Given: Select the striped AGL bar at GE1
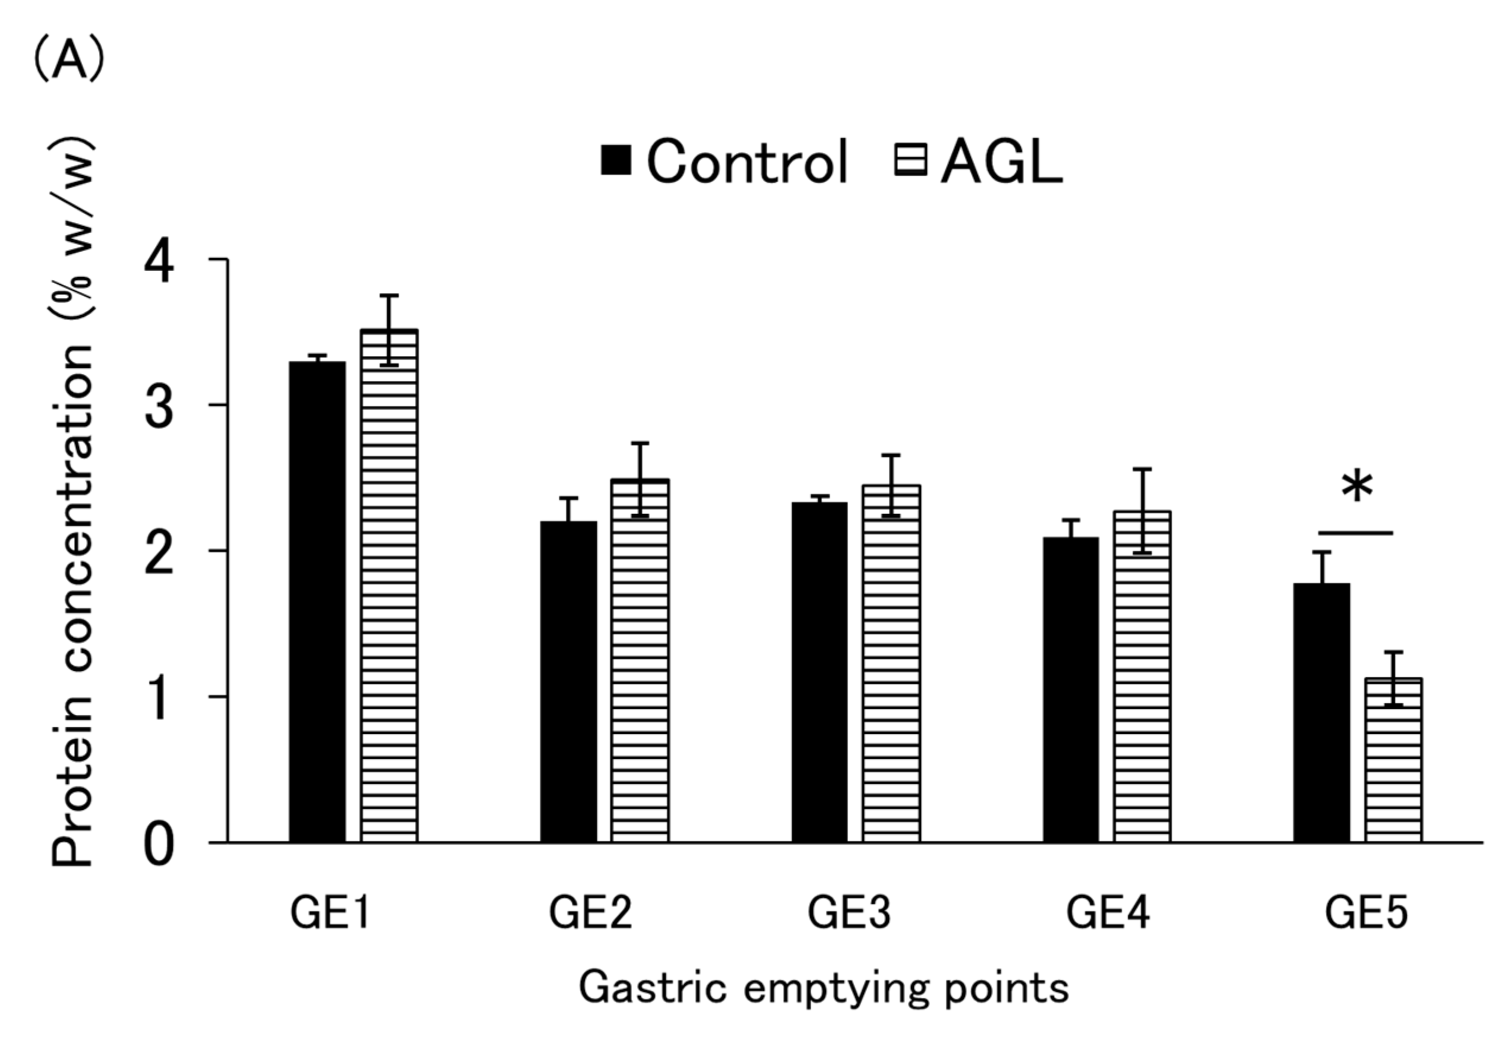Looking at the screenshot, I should [389, 586].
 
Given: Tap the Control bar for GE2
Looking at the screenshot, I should [568, 681].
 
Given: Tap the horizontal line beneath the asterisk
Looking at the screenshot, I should [1356, 533].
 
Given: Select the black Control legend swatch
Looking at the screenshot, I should [616, 160].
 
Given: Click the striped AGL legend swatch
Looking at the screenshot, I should [910, 160].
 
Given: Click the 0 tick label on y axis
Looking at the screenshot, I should [159, 845].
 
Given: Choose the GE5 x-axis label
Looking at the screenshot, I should [1366, 913].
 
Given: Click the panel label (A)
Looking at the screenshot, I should [68, 60].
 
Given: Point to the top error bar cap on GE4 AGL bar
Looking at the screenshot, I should [1142, 469].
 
